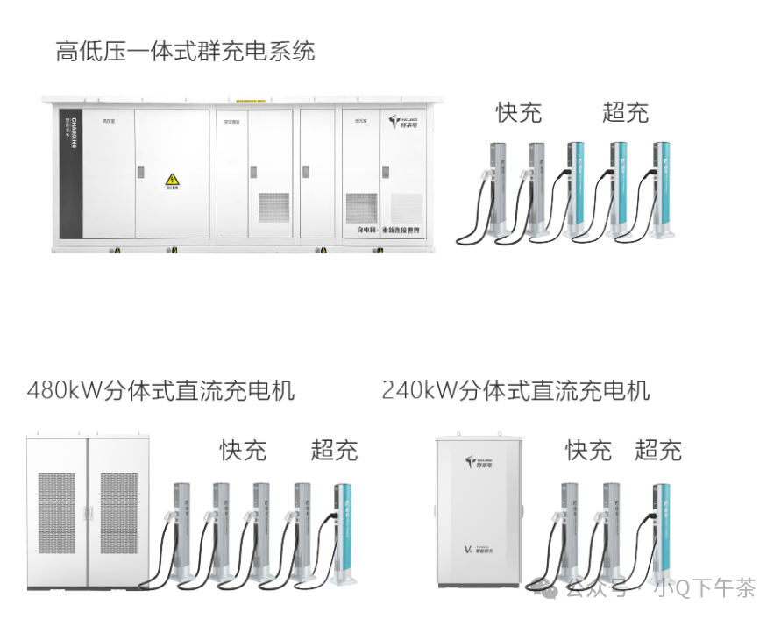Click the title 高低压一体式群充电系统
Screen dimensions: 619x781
pos(185,52)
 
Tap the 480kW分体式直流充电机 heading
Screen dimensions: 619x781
pos(160,390)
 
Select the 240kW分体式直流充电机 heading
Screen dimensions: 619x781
pos(515,390)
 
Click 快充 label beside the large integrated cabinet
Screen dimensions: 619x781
pos(518,112)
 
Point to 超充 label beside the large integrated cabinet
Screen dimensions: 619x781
pos(625,112)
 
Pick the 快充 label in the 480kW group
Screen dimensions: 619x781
pos(243,451)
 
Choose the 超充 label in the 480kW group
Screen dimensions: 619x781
pos(334,451)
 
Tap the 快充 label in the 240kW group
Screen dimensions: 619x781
pos(588,451)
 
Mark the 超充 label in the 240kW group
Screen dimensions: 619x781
pos(657,451)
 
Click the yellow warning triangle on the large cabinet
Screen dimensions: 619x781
pos(172,180)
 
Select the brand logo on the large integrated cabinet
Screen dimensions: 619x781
pos(405,122)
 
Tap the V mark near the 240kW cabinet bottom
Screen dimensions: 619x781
pos(468,551)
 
